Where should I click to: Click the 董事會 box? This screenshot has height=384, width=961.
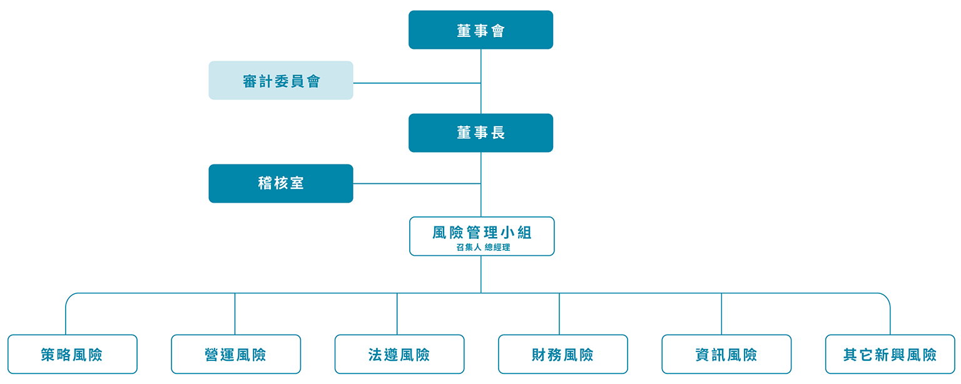click(x=480, y=30)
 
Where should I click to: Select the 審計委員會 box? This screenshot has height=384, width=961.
click(x=281, y=81)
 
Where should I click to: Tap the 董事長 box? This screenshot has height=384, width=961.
click(x=480, y=133)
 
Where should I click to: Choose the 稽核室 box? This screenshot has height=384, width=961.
click(x=281, y=183)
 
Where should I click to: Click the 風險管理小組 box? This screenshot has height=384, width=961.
click(x=482, y=233)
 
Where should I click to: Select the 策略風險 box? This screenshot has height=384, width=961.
click(x=73, y=355)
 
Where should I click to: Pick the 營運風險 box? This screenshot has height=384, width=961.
click(x=236, y=355)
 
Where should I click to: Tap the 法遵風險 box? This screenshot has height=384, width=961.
click(x=399, y=355)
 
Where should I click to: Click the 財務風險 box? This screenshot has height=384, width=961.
click(x=563, y=355)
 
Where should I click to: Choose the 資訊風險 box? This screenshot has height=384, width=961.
click(x=726, y=355)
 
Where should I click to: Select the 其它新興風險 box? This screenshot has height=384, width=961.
click(x=890, y=355)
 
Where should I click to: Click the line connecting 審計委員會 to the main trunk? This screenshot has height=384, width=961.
click(x=416, y=83)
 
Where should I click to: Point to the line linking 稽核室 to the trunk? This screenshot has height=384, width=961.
click(x=416, y=184)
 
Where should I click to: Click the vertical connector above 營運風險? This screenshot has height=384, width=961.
click(x=235, y=314)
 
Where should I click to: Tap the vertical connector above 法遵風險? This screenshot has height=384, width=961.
click(x=397, y=314)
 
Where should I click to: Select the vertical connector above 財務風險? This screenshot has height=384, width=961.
click(x=559, y=314)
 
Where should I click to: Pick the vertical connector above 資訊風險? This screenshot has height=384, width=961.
click(x=721, y=314)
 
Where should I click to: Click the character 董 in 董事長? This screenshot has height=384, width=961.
click(x=464, y=133)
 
